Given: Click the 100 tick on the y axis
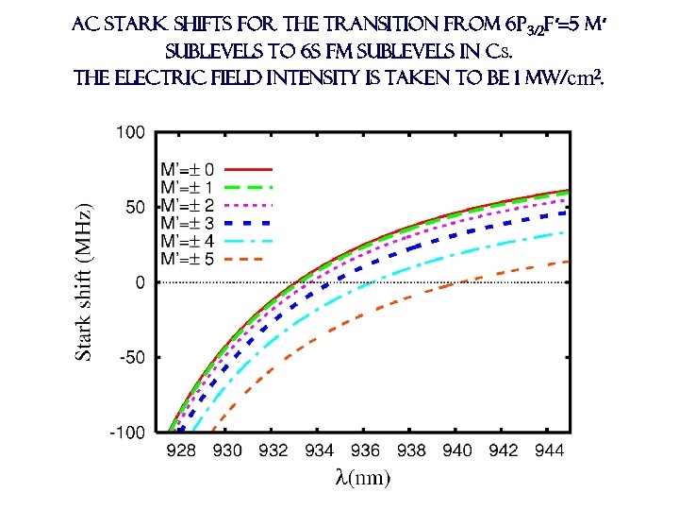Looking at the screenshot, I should click(x=132, y=132).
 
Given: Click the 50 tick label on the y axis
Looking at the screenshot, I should click(x=135, y=207).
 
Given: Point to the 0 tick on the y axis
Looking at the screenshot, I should click(x=140, y=282).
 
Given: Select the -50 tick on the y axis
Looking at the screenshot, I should click(x=133, y=357).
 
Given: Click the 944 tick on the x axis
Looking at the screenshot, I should click(x=549, y=450).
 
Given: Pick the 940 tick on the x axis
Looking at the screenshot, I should click(x=457, y=450).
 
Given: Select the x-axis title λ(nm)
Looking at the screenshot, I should click(x=362, y=477).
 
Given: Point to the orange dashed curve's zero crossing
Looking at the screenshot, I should click(x=455, y=282).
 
